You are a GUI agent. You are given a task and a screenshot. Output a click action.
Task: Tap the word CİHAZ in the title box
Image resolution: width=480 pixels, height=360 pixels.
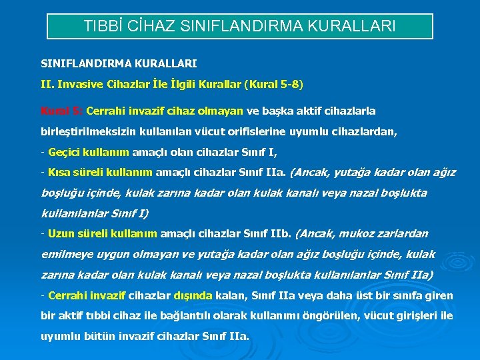point(149,27)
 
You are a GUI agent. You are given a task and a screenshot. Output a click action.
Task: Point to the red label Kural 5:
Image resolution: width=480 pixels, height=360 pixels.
point(61,111)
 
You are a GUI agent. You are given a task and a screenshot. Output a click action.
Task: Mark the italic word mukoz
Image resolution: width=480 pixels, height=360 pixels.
point(357,233)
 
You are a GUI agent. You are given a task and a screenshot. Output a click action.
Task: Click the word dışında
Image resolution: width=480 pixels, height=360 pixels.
point(193,295)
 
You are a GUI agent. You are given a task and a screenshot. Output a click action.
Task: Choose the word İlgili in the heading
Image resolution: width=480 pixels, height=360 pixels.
point(176,84)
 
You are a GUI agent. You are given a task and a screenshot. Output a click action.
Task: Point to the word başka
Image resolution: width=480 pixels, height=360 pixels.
point(279,111)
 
